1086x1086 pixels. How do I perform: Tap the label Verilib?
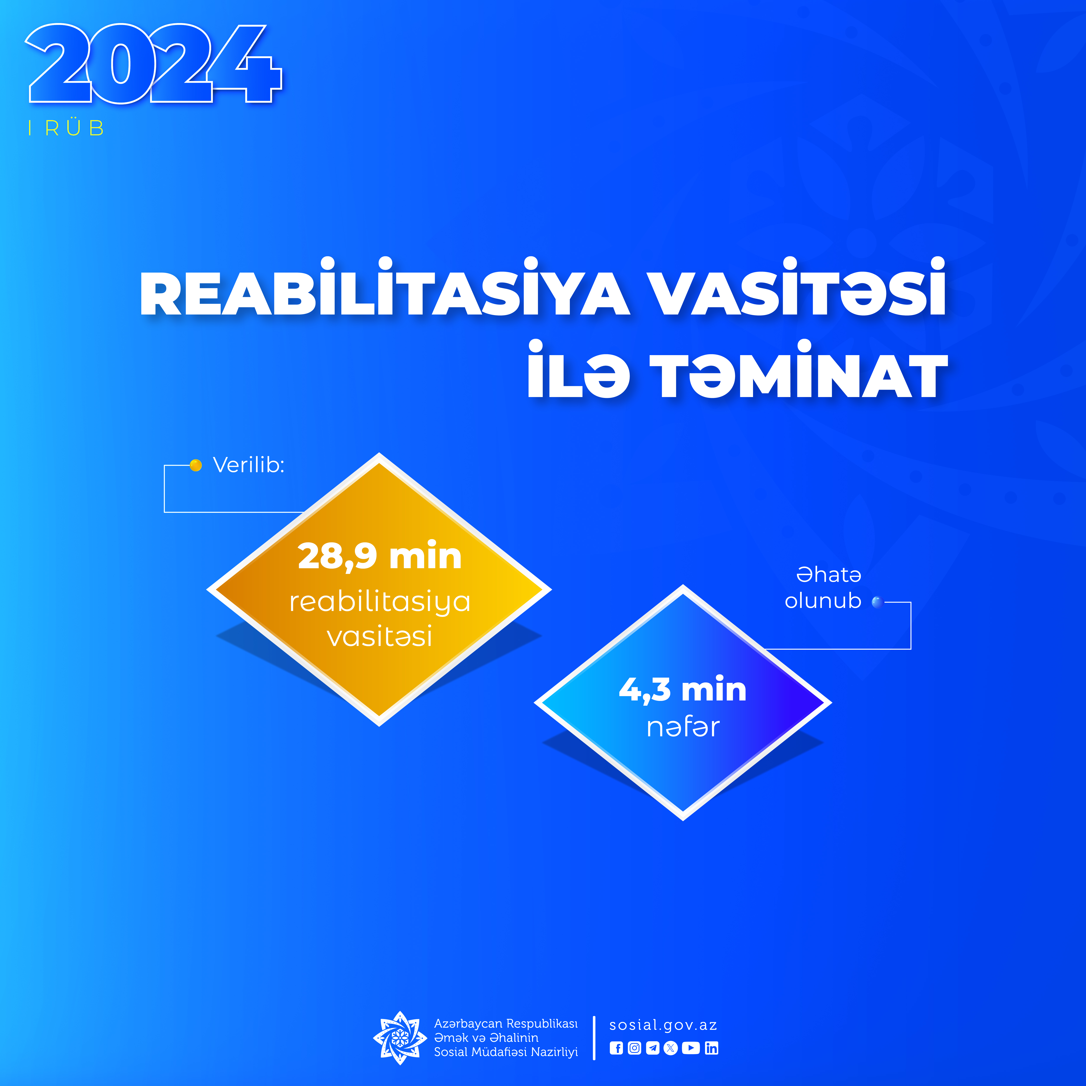248,465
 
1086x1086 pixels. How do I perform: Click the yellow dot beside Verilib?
196,465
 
